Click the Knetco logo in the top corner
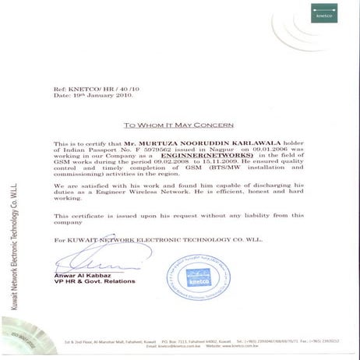pyautogui.click(x=323, y=15)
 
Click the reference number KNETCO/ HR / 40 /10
pyautogui.click(x=102, y=90)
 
